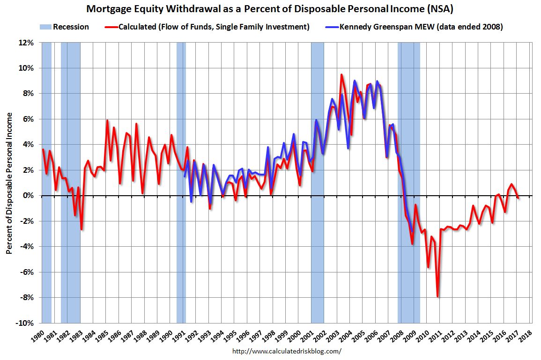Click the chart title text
click(270, 9)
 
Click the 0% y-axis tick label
click(29, 196)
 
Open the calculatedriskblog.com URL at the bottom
click(287, 351)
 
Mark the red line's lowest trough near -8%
click(437, 296)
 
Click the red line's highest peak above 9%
click(341, 75)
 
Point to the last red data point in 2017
click(518, 198)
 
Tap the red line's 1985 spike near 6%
click(107, 121)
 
